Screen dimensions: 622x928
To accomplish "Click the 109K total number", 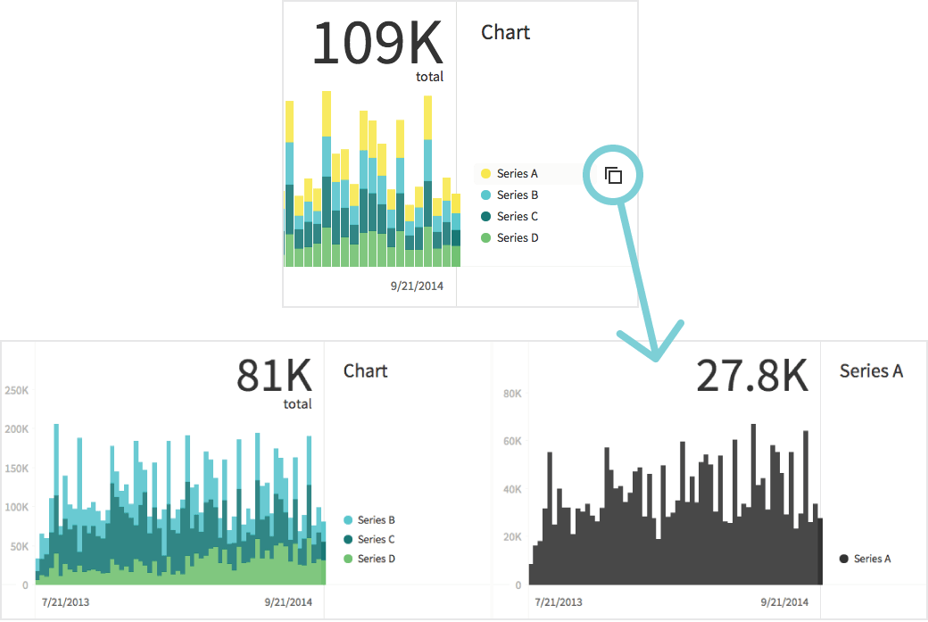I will [x=377, y=43].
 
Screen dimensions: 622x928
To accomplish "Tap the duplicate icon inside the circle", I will [x=613, y=175].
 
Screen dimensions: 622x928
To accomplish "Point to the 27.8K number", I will [x=751, y=377].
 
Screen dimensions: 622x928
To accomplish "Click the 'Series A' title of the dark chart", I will [x=871, y=371].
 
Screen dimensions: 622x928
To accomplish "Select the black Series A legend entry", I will [x=865, y=560].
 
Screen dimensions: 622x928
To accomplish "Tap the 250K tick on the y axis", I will [x=17, y=391].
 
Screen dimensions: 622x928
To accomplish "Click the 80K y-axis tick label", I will [x=511, y=394].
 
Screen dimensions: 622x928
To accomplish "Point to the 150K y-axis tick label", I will [x=17, y=469].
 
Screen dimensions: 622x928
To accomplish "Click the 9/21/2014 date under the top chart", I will [x=417, y=286].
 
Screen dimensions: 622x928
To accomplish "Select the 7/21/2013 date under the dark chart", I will [x=558, y=603].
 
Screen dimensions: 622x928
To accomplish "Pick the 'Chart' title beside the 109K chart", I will [x=505, y=33].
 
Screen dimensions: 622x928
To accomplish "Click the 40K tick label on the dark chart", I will [x=511, y=490].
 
